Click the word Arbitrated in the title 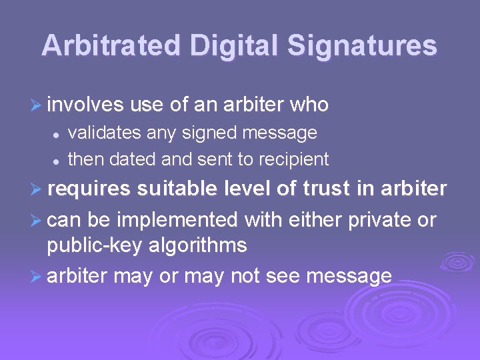[x=111, y=45]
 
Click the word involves [x=86, y=105]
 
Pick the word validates [x=105, y=133]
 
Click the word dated [x=131, y=159]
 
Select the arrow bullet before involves [x=37, y=105]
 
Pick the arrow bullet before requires [x=37, y=190]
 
